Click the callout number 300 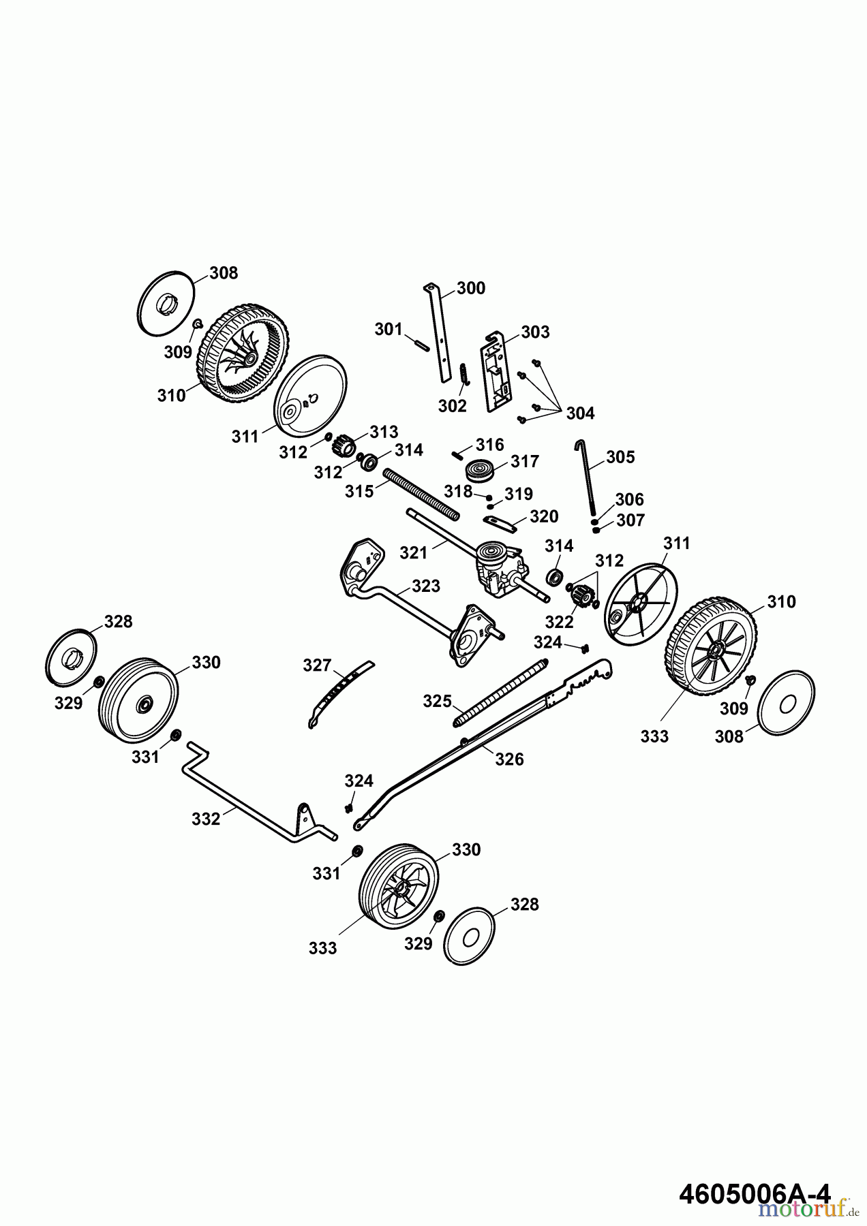point(471,288)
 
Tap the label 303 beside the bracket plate point(535,332)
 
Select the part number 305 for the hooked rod point(620,457)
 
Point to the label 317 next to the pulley point(525,461)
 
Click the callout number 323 point(426,586)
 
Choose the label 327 point(317,665)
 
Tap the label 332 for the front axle point(206,819)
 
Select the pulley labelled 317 point(480,471)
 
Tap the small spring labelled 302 point(463,373)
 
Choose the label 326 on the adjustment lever point(509,759)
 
